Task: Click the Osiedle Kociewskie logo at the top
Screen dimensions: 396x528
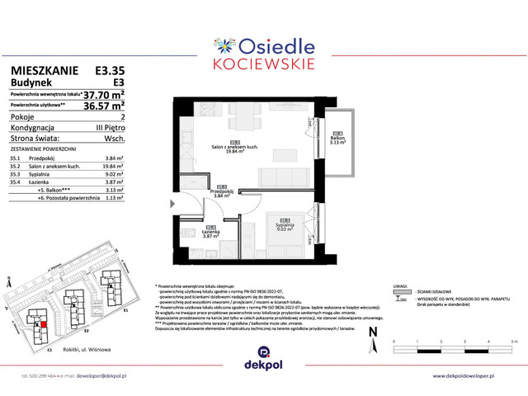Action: click(x=263, y=49)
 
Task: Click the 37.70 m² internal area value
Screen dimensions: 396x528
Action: click(x=104, y=95)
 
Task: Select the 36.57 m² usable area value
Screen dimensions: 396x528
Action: click(x=104, y=106)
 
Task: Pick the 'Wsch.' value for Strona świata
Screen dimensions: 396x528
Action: click(x=114, y=139)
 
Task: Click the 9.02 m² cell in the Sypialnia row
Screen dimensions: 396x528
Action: click(x=113, y=175)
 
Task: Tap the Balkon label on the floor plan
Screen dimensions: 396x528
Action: click(x=337, y=140)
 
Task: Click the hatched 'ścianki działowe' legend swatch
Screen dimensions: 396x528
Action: click(x=403, y=291)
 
